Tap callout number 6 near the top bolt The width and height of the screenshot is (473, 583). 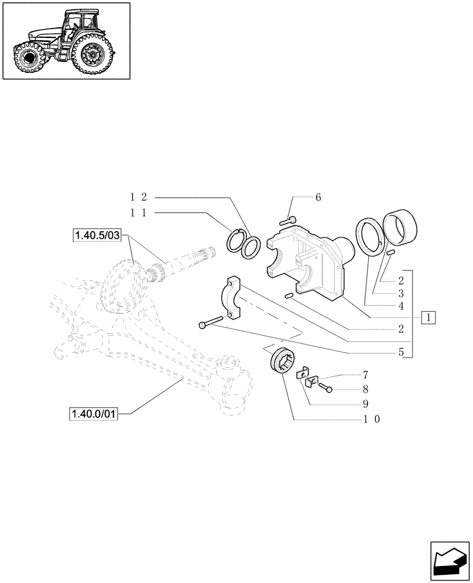click(x=318, y=198)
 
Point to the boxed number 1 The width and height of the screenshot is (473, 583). click(x=429, y=318)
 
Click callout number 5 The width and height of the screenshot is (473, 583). click(x=401, y=352)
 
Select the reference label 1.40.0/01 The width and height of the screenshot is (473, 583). click(x=94, y=414)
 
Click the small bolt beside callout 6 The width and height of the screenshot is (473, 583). click(x=288, y=220)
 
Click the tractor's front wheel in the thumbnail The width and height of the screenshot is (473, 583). click(x=27, y=59)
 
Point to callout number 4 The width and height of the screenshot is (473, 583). click(x=401, y=305)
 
